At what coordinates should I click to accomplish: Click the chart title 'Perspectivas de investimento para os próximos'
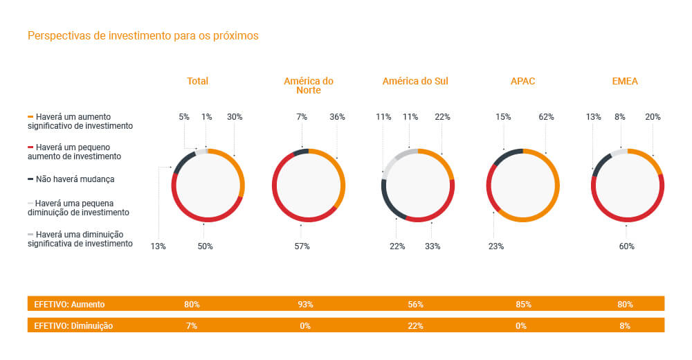pyautogui.click(x=143, y=35)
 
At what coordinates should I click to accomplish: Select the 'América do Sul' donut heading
pyautogui.click(x=415, y=81)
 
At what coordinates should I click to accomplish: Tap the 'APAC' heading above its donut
pyautogui.click(x=522, y=81)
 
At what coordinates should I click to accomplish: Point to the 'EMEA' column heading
pyautogui.click(x=625, y=81)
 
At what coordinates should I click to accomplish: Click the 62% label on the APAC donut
pyautogui.click(x=546, y=117)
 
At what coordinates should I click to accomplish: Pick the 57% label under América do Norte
pyautogui.click(x=302, y=246)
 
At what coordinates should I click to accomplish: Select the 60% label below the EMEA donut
pyautogui.click(x=626, y=246)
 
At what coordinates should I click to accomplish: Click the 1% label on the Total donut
pyautogui.click(x=206, y=117)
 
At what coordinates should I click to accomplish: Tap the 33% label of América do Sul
pyautogui.click(x=432, y=246)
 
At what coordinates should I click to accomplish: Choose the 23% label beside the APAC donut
pyautogui.click(x=496, y=246)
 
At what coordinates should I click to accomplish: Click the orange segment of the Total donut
pyautogui.click(x=239, y=173)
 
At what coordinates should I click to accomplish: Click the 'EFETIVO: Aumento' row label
pyautogui.click(x=70, y=304)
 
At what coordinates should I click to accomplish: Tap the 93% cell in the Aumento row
pyautogui.click(x=305, y=304)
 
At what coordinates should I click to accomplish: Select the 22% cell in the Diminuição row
pyautogui.click(x=415, y=325)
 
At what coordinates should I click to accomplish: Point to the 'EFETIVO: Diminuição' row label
pyautogui.click(x=73, y=325)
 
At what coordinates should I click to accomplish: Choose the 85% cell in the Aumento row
pyautogui.click(x=523, y=304)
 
